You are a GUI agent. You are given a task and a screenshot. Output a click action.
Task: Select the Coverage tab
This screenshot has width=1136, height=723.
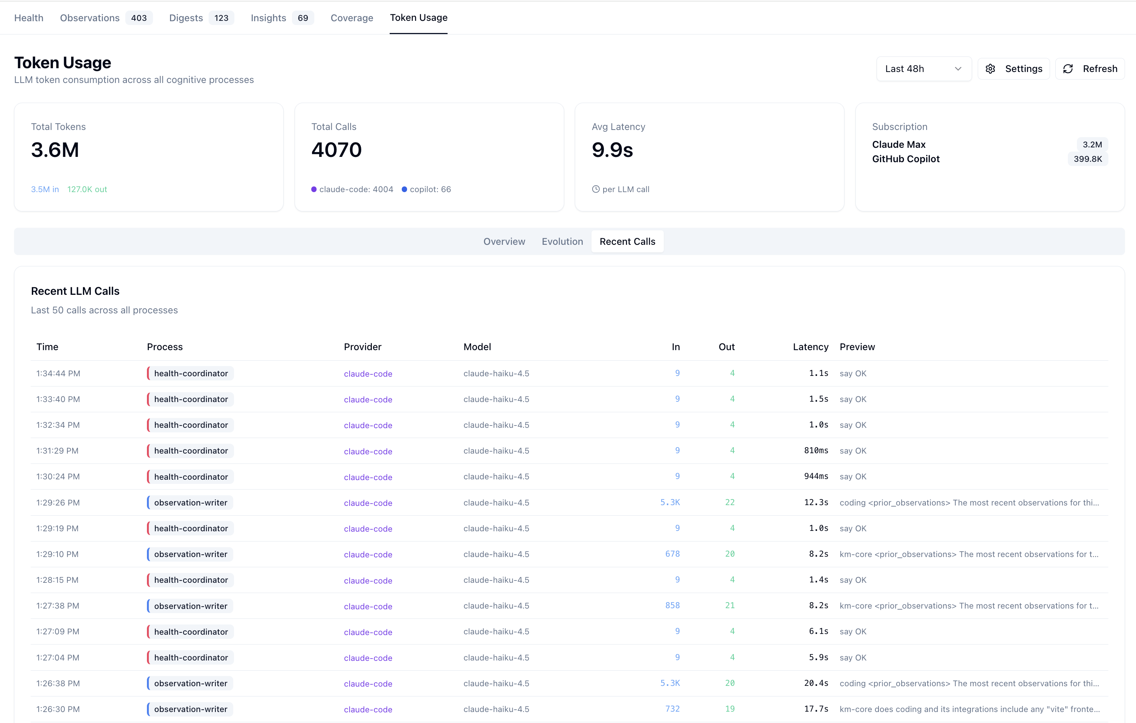[x=351, y=18]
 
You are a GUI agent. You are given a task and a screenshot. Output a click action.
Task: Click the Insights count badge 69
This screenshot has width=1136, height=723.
[x=303, y=18]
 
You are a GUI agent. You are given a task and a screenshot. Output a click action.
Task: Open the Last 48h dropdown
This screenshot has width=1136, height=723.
[x=924, y=69]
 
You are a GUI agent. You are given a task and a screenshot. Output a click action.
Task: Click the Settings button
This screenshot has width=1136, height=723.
[x=1013, y=69]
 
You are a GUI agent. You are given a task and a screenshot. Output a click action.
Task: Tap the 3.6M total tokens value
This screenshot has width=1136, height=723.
[x=55, y=150]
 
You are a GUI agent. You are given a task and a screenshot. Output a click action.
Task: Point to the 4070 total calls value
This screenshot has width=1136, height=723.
[x=336, y=150]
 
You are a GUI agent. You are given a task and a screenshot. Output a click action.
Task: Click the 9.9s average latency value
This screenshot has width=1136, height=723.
[x=612, y=150]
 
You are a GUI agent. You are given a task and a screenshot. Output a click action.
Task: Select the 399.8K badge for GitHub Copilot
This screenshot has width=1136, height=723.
[x=1088, y=159]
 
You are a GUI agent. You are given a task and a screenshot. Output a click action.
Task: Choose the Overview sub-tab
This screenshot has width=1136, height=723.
[x=504, y=242]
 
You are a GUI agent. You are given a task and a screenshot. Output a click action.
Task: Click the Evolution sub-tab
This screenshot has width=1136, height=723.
[x=562, y=242]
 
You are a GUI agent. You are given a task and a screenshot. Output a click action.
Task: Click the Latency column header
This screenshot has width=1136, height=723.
[x=810, y=347]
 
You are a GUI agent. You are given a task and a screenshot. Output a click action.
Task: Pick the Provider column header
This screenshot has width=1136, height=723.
[x=362, y=347]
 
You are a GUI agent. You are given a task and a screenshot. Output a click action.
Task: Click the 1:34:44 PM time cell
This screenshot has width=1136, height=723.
[x=58, y=374]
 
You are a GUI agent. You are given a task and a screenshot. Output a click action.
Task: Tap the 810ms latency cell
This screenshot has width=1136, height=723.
[x=816, y=451]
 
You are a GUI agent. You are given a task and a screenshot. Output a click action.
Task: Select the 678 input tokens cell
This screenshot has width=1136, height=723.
[x=672, y=554]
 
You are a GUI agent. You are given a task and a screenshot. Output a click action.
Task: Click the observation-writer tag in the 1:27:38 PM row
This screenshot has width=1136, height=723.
[x=190, y=606]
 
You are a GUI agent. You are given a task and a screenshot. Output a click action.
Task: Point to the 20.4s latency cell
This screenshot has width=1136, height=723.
[x=816, y=683]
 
